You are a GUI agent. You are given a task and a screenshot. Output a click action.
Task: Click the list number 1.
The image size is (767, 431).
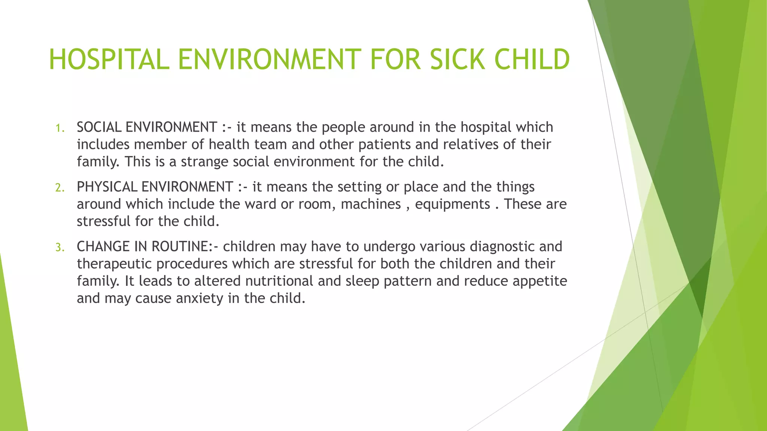coord(60,128)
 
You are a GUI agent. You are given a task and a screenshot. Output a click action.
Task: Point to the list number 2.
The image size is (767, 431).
coord(60,188)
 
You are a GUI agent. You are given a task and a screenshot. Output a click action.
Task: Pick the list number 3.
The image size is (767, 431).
coord(60,248)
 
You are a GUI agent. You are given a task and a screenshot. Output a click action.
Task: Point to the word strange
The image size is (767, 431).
coord(204,162)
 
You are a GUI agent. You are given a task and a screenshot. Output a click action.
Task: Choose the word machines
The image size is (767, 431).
coord(371,204)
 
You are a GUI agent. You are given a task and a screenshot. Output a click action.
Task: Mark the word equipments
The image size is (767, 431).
coord(452,204)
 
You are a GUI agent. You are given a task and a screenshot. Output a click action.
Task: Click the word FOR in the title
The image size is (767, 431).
coord(396,60)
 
